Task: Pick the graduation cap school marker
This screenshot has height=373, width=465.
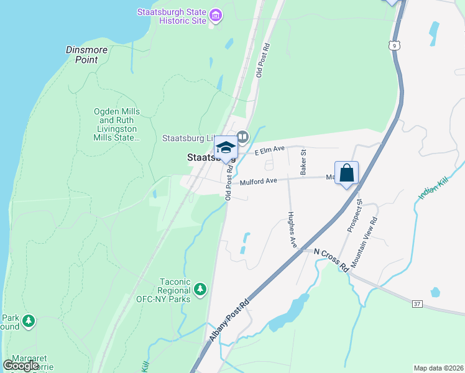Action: [x=226, y=148]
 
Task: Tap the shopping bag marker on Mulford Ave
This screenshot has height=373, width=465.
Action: [x=346, y=173]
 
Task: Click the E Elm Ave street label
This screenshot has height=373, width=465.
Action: [x=269, y=150]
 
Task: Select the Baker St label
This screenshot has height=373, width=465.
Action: [x=303, y=161]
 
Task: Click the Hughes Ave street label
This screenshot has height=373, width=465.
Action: [x=292, y=230]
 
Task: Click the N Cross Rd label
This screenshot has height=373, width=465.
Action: [x=331, y=260]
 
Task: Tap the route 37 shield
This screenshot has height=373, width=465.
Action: [x=417, y=303]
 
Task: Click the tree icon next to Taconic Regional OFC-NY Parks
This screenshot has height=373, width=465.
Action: [x=200, y=288]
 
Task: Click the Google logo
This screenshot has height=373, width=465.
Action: [x=21, y=366]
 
